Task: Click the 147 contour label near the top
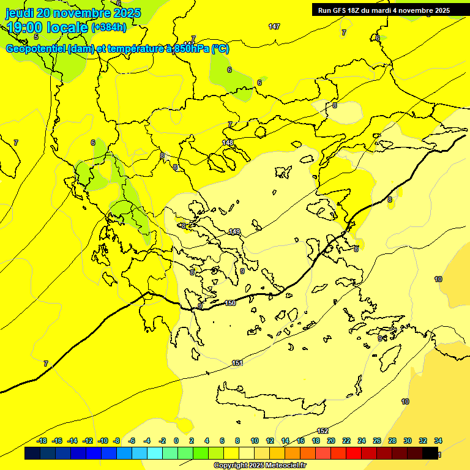[274, 26]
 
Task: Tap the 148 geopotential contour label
[228, 143]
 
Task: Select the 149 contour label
[234, 231]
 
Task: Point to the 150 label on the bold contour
[230, 303]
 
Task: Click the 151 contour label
[237, 364]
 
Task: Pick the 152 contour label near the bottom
[323, 431]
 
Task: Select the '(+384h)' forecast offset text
[109, 28]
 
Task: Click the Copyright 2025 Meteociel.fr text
[259, 465]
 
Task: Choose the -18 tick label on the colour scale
[42, 441]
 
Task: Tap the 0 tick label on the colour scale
[176, 441]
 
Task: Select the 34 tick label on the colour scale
[438, 441]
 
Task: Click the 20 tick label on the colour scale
[331, 441]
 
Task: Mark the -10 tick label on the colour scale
[103, 441]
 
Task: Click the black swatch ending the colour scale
[430, 453]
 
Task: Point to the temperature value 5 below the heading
[36, 37]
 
